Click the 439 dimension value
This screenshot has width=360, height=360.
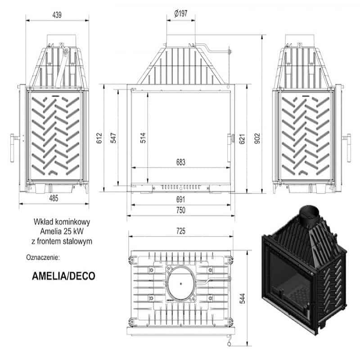pyautogui.click(x=57, y=15)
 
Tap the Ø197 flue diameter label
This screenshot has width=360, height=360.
pyautogui.click(x=181, y=13)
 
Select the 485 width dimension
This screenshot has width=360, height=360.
pyautogui.click(x=54, y=198)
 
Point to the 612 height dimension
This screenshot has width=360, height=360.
pyautogui.click(x=99, y=138)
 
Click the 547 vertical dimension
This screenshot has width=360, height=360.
pyautogui.click(x=113, y=138)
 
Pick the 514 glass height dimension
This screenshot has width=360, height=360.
pyautogui.click(x=143, y=138)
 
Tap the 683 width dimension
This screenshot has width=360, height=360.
pyautogui.click(x=181, y=162)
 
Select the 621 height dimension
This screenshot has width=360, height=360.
pyautogui.click(x=242, y=139)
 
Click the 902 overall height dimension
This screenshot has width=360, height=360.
pyautogui.click(x=257, y=139)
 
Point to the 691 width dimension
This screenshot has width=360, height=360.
pyautogui.click(x=181, y=199)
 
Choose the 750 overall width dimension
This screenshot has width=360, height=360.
pyautogui.click(x=181, y=210)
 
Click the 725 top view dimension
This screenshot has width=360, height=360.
pyautogui.click(x=181, y=231)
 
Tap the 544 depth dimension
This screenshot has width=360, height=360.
pyautogui.click(x=243, y=298)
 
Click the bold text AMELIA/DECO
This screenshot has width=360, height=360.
pyautogui.click(x=63, y=276)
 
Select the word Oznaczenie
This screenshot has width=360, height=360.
pyautogui.click(x=43, y=257)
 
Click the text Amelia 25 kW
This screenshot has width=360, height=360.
pyautogui.click(x=62, y=231)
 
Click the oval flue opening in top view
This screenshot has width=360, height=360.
pyautogui.click(x=181, y=283)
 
